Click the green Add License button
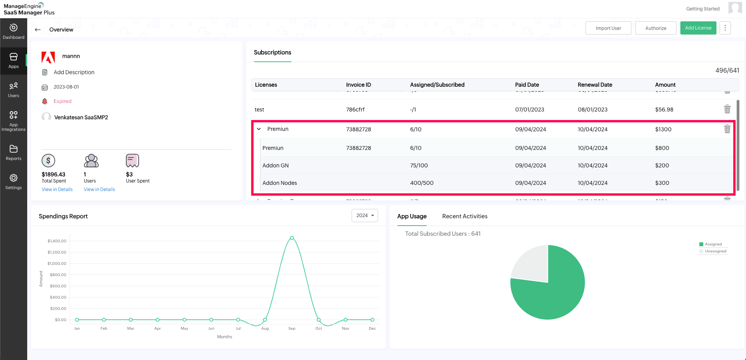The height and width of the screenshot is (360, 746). (698, 28)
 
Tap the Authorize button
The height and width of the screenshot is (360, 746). (655, 28)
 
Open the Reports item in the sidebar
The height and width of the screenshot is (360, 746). (14, 153)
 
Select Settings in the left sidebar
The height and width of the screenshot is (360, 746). (14, 182)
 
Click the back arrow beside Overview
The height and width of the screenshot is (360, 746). (38, 30)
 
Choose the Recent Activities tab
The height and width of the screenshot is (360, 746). (465, 216)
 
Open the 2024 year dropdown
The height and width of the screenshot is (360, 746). (364, 216)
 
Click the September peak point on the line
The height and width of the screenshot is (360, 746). (292, 238)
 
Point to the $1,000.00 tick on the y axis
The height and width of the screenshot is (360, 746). (57, 263)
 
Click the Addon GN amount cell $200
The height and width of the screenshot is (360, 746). (662, 165)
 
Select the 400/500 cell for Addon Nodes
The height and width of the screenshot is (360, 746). (422, 183)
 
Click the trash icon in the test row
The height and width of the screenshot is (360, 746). (727, 109)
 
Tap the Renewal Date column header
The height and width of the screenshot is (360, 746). (594, 85)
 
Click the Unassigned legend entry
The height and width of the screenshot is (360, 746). (715, 251)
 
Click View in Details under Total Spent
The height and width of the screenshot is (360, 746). (57, 190)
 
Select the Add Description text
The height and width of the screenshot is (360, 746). (74, 72)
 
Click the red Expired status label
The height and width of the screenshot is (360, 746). (63, 101)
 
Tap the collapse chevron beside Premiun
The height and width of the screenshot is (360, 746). (259, 129)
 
